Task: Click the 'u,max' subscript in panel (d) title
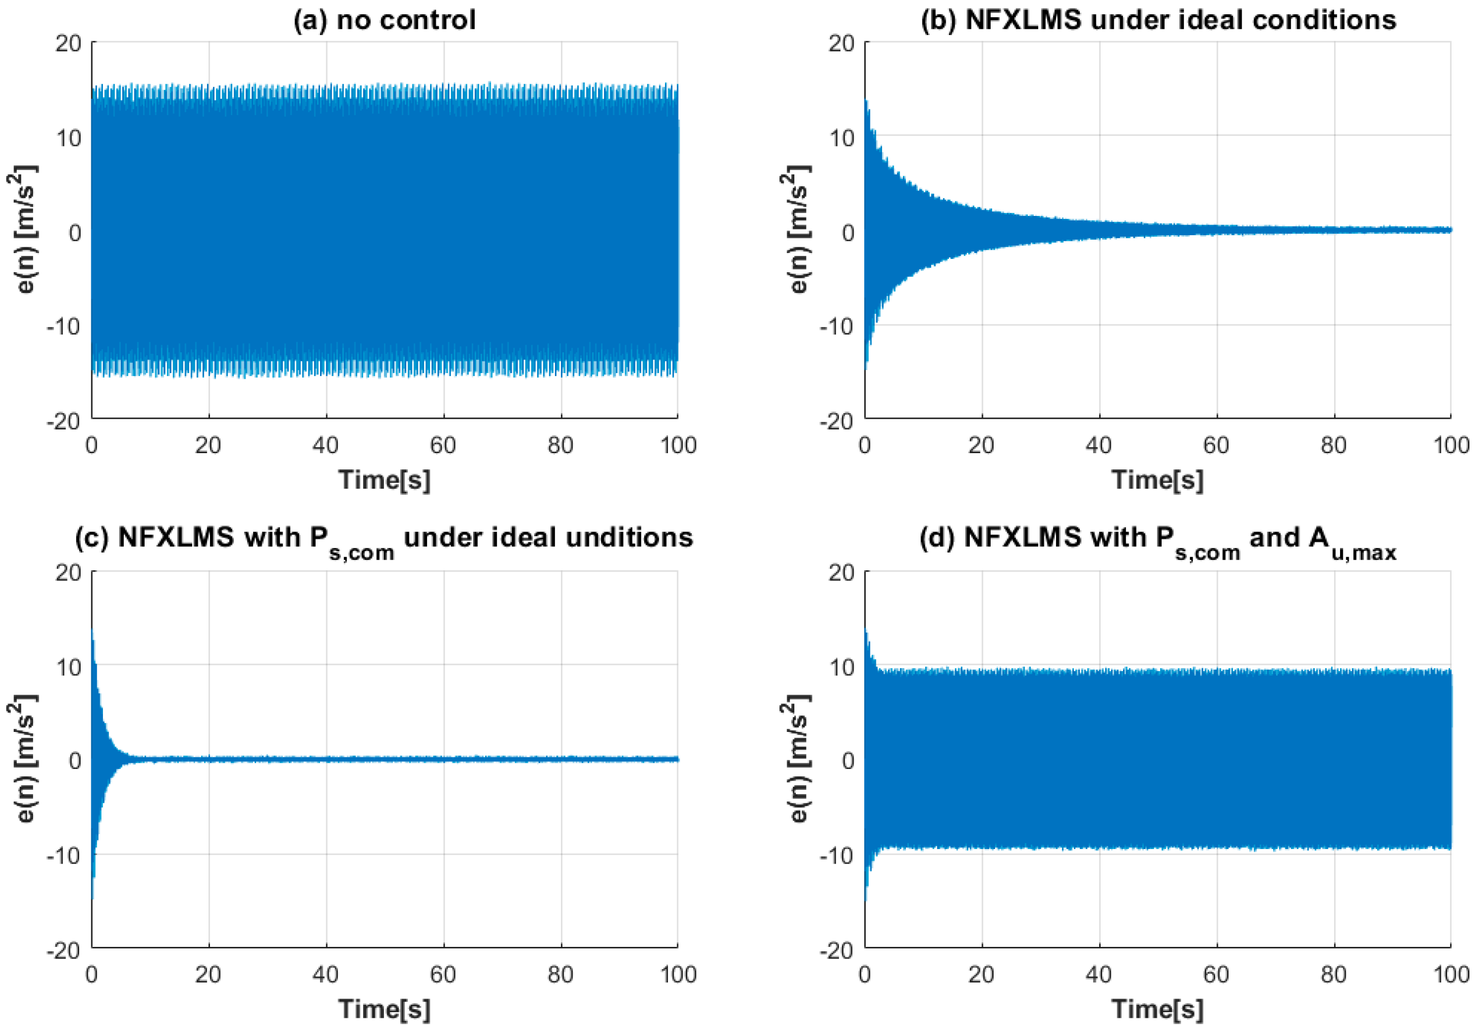click(x=1363, y=552)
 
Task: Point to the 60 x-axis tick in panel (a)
click(x=443, y=445)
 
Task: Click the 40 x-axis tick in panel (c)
click(x=326, y=974)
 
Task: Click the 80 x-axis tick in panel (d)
click(x=1333, y=974)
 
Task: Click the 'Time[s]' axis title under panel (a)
click(x=384, y=480)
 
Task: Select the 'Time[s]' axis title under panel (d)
click(x=1158, y=1009)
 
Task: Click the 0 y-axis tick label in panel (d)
click(x=847, y=761)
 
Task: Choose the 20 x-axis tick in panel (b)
click(x=981, y=445)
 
